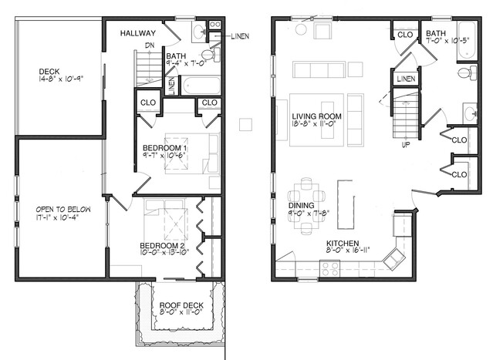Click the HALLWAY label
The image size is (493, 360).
pyautogui.click(x=139, y=33)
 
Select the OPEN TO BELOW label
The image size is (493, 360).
pyautogui.click(x=58, y=209)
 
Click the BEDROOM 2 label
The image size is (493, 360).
pyautogui.click(x=165, y=246)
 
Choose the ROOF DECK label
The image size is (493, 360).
pyautogui.click(x=181, y=305)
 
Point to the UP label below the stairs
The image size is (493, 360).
pyautogui.click(x=405, y=144)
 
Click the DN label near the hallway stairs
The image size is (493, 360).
pyautogui.click(x=151, y=45)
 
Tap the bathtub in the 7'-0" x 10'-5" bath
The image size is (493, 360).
pyautogui.click(x=468, y=45)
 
